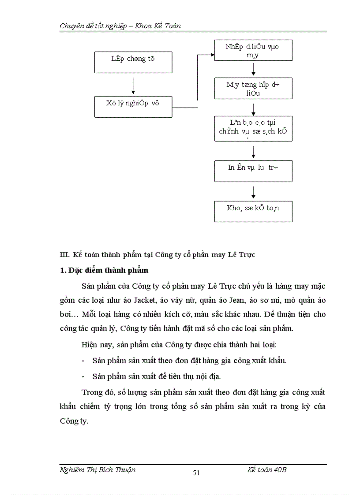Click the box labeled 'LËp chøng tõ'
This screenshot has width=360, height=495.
(x=133, y=62)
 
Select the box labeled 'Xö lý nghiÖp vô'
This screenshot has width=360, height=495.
(x=133, y=107)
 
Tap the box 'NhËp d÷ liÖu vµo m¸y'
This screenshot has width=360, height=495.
(x=253, y=50)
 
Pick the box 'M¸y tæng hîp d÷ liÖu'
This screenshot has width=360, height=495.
(x=253, y=88)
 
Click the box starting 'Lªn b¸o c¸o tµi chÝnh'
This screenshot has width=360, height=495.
(x=253, y=128)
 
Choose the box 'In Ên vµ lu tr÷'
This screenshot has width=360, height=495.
(x=253, y=171)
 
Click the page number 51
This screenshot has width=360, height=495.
(x=196, y=473)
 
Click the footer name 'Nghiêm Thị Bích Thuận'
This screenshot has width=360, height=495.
(x=97, y=470)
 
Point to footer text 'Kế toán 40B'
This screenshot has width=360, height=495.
(x=267, y=470)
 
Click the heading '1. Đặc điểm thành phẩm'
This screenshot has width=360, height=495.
(x=104, y=270)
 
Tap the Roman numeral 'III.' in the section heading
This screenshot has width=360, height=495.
(x=65, y=255)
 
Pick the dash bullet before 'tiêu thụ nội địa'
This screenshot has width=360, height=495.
(x=83, y=376)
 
